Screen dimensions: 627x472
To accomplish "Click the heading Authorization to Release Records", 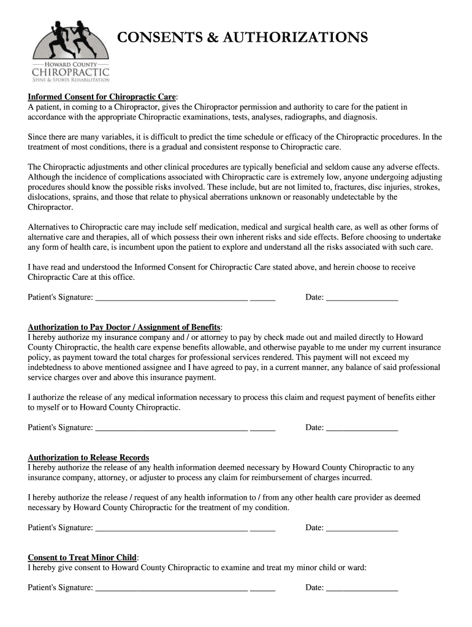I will [x=89, y=458].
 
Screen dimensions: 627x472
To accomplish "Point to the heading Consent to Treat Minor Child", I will [x=83, y=558].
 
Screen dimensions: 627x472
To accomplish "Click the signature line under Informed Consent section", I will [x=172, y=298].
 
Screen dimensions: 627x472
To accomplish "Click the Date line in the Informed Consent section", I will [x=362, y=298].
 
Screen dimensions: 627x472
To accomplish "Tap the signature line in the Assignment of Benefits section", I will [x=172, y=428].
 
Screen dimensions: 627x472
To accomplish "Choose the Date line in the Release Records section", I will [x=362, y=528].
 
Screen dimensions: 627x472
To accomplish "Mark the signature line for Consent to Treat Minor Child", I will [x=172, y=588].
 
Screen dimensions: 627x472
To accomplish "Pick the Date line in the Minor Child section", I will [x=362, y=588].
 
